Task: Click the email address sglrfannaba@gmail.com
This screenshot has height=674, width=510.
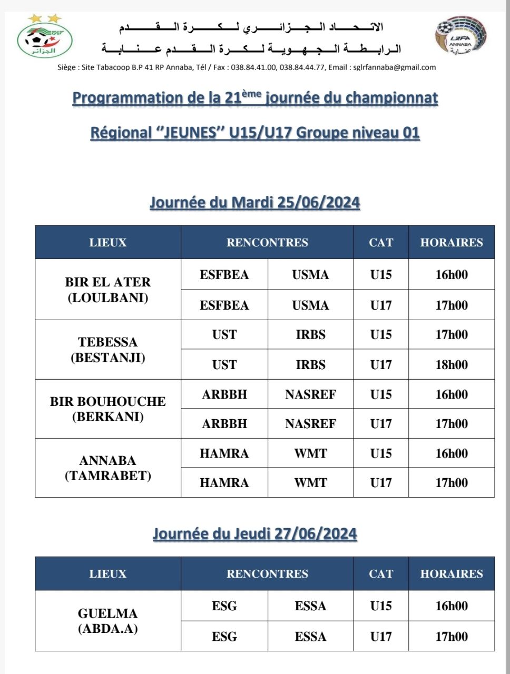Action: (x=395, y=67)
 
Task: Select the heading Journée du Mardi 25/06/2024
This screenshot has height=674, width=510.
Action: (x=255, y=203)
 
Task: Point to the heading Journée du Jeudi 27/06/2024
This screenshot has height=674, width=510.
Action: (x=255, y=534)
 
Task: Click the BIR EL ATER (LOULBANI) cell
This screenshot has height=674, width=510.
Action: (x=108, y=290)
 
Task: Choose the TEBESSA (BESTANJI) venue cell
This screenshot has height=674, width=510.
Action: (x=108, y=350)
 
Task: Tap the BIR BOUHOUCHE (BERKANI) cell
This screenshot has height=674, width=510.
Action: (x=108, y=409)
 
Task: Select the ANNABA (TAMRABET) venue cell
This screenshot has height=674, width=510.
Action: (x=108, y=468)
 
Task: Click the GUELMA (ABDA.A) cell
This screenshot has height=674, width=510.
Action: (x=108, y=621)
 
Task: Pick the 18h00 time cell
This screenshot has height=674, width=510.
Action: (x=452, y=364)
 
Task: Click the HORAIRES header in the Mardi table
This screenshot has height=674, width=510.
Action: (x=452, y=242)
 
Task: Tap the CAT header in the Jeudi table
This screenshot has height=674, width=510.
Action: (x=381, y=573)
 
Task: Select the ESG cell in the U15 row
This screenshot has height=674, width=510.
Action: (x=224, y=606)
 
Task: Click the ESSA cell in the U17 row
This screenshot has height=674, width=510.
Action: (x=310, y=637)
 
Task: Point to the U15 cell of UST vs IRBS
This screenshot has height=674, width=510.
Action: (x=381, y=334)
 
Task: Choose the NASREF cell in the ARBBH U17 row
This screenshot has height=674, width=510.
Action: (x=310, y=424)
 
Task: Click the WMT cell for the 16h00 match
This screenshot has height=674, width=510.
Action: (x=310, y=453)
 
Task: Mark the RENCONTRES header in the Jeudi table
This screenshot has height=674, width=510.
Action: (x=267, y=573)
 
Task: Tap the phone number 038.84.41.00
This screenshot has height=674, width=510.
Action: (x=253, y=67)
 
